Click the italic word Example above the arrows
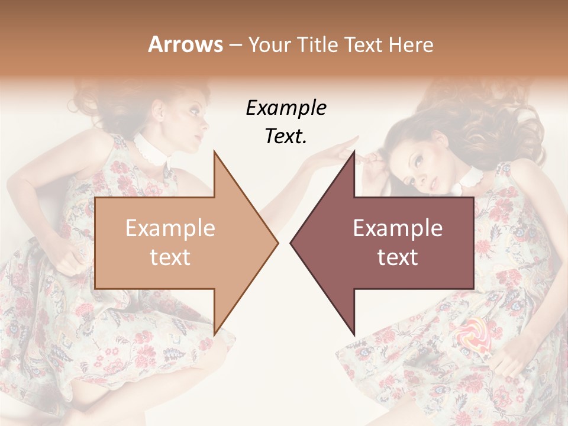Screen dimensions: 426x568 tap(286, 108)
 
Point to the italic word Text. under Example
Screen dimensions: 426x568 tap(286, 136)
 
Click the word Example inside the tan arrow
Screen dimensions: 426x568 tap(170, 228)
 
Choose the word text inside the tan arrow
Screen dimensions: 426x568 tap(170, 257)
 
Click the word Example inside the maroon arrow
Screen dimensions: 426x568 tap(398, 228)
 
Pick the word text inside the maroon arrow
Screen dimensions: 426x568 tap(398, 257)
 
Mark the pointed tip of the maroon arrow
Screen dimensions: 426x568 tap(291, 242)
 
